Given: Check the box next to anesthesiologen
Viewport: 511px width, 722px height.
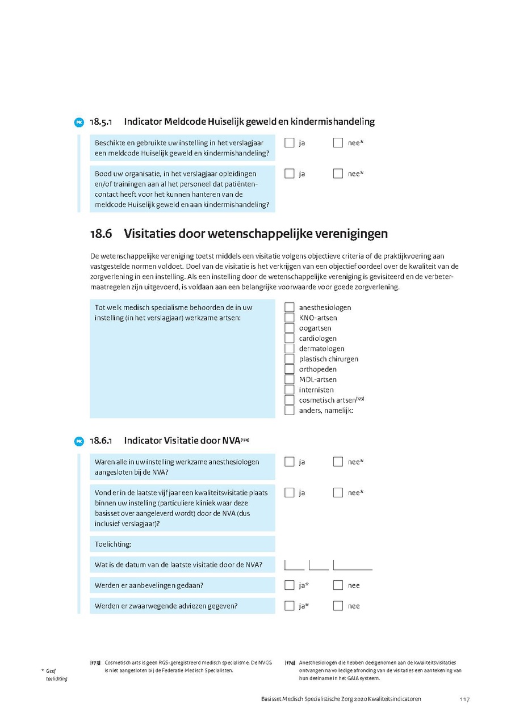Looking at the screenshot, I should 290,307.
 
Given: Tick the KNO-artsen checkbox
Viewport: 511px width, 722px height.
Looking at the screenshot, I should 290,318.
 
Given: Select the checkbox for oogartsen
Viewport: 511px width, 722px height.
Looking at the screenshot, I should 290,328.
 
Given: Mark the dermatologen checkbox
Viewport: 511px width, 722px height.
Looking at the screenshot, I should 290,349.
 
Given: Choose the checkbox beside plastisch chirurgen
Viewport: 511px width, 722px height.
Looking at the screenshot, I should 290,359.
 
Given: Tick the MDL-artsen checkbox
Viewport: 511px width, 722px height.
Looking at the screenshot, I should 290,379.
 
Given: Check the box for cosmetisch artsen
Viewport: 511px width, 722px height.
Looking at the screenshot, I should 290,400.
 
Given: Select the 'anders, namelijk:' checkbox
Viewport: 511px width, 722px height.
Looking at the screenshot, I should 290,410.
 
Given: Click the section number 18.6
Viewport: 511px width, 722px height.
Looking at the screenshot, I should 101,234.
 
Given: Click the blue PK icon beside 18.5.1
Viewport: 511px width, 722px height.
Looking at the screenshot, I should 79,123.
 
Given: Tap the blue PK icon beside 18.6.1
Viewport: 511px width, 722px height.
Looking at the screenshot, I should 79,441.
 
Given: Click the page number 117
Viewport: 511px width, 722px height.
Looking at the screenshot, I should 464,699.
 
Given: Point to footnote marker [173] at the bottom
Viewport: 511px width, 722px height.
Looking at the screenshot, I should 95,662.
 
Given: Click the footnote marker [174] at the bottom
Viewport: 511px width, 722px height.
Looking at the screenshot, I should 290,662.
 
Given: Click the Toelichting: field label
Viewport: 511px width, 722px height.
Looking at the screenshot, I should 113,544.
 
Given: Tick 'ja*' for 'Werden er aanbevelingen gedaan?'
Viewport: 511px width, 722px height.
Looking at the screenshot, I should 290,585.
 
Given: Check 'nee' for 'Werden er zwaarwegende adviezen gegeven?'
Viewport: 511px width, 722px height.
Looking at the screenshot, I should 338,606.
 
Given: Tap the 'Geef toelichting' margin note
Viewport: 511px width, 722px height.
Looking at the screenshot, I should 56,674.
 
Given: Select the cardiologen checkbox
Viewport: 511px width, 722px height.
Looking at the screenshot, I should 290,338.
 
